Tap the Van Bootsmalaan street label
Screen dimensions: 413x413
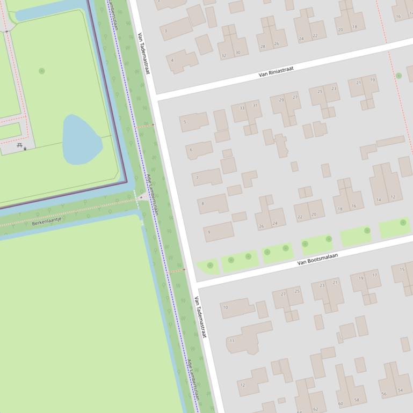[317, 260]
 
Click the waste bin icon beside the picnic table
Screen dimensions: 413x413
[25, 149]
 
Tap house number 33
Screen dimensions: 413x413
[242, 108]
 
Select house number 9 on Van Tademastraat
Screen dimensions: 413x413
[208, 233]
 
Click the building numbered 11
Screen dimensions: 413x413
[231, 341]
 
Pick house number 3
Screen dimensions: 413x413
[165, 31]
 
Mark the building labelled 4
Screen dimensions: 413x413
[172, 60]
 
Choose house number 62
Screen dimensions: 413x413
[315, 409]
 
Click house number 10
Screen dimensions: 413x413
[225, 307]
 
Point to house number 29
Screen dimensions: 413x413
[281, 100]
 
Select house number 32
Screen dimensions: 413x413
[224, 55]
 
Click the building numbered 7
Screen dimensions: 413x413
[198, 178]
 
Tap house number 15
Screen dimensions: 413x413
[402, 269]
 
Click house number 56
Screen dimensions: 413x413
[384, 394]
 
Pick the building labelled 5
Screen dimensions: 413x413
[185, 122]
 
